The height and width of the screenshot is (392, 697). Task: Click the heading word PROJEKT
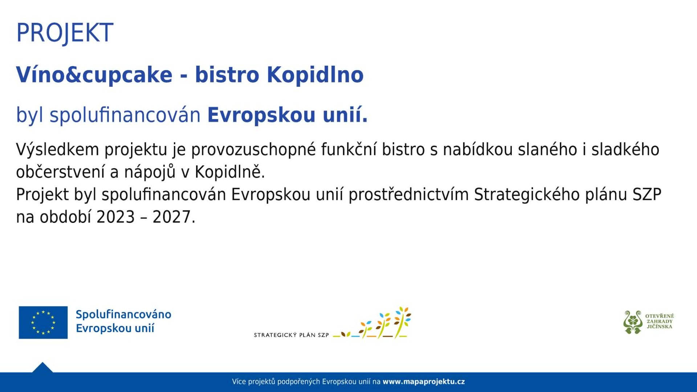coord(65,33)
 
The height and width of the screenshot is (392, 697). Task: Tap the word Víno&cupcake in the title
coord(94,75)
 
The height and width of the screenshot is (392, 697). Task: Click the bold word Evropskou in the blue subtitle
coord(261,115)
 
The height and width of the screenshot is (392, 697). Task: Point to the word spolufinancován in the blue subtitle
coord(125,115)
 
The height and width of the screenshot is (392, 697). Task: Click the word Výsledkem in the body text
coord(57,150)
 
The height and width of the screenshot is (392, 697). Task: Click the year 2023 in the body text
coord(116,217)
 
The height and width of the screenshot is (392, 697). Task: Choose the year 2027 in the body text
coord(172,217)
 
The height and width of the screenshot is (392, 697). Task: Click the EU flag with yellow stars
coord(43,322)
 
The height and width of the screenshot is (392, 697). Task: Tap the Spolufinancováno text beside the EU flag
coord(123,314)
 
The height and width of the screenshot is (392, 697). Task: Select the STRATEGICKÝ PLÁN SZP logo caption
coord(291,335)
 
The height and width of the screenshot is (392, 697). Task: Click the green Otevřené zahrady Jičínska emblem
coord(633,322)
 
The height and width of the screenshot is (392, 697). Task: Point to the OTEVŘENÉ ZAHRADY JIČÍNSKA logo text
coord(660,321)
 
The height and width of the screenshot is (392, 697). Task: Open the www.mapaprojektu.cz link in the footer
coord(424,381)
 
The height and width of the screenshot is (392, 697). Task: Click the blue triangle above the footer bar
coord(42,368)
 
